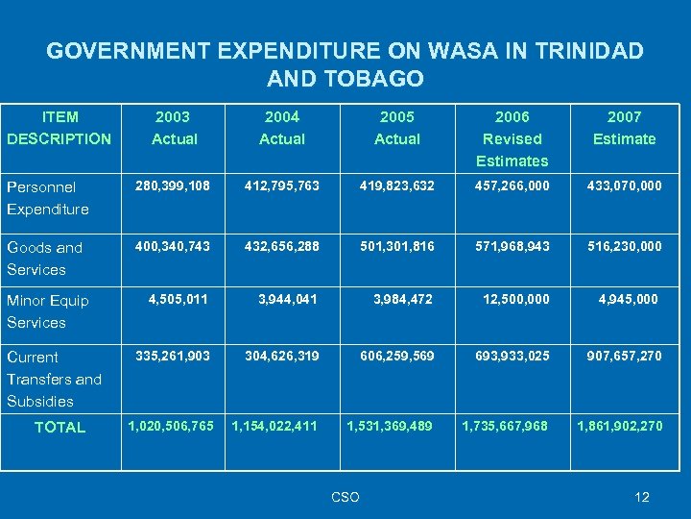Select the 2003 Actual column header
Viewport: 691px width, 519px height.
(x=174, y=128)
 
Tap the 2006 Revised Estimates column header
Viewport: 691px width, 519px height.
(x=512, y=138)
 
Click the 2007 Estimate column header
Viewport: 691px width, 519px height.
(x=624, y=128)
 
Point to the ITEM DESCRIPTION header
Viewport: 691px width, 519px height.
(x=60, y=128)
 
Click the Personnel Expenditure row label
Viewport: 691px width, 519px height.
(x=48, y=198)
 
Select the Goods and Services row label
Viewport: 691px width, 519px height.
(x=44, y=259)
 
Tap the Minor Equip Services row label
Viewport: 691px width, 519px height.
(x=47, y=311)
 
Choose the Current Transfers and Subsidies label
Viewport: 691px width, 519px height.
(x=54, y=379)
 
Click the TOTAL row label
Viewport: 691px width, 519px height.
(x=60, y=428)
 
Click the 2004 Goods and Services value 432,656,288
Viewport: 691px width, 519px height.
(x=281, y=247)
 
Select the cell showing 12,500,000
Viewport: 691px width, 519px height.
(x=515, y=300)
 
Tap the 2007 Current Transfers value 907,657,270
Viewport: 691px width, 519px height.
(x=624, y=356)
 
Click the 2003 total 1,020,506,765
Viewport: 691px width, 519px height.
(x=171, y=426)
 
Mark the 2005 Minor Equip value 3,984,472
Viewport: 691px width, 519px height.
(x=402, y=300)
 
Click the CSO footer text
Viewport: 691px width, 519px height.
(x=345, y=497)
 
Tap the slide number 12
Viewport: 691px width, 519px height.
(x=642, y=497)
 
